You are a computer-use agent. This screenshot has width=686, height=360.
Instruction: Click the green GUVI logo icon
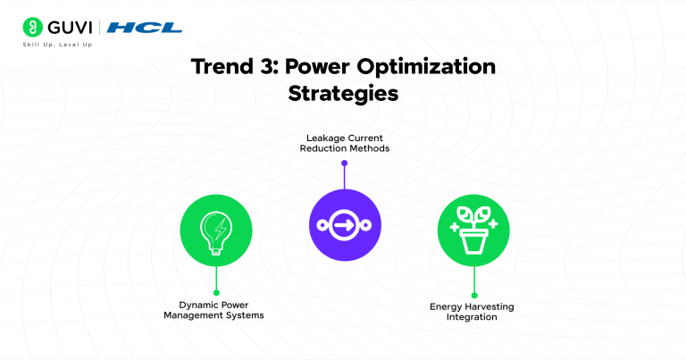tap(32, 27)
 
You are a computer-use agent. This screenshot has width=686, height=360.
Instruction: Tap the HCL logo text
tap(144, 28)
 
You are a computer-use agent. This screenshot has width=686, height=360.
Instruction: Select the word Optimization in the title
tap(434, 68)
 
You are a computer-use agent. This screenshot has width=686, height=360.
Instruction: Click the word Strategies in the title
tap(343, 94)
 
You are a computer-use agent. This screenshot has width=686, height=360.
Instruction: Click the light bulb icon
tap(215, 229)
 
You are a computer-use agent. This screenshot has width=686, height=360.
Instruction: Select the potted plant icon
tap(473, 230)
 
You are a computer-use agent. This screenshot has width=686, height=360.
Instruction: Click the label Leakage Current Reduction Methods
tap(344, 141)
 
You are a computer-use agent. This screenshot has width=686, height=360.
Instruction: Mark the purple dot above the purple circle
tap(344, 163)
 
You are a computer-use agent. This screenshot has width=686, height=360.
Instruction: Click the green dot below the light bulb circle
tap(215, 292)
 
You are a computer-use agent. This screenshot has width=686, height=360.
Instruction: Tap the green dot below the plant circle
tap(473, 295)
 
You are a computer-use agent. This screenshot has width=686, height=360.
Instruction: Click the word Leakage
tap(318, 136)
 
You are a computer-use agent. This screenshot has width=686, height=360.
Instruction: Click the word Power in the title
tap(336, 68)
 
